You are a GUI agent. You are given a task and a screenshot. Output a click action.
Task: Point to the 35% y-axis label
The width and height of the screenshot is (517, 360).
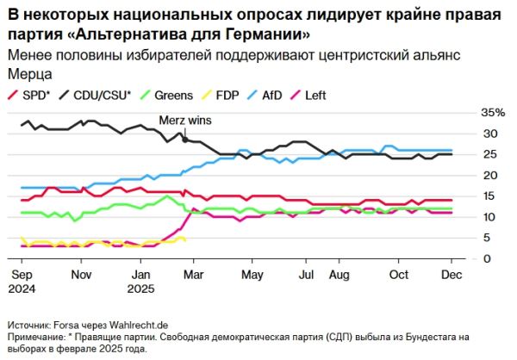click(x=492, y=113)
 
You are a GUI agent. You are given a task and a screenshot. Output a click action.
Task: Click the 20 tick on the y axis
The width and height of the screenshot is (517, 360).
click(x=487, y=176)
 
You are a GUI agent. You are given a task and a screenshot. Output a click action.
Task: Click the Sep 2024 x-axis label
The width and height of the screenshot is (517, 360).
click(x=22, y=281)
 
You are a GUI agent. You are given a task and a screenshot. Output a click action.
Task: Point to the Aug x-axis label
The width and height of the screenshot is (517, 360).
click(x=339, y=275)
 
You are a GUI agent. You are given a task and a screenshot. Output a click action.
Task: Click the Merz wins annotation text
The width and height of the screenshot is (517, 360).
click(x=184, y=121)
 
